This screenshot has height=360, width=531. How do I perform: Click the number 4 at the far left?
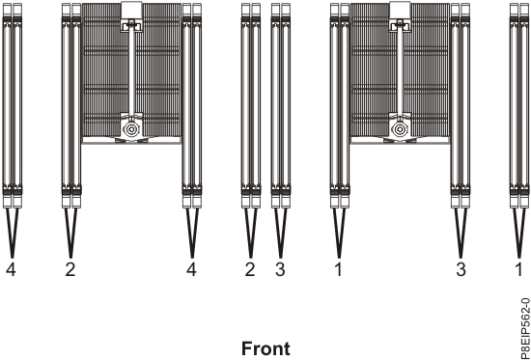pyautogui.click(x=12, y=270)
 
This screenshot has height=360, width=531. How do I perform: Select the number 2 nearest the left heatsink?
pyautogui.click(x=70, y=270)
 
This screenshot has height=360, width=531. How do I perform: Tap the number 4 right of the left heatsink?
pyautogui.click(x=191, y=270)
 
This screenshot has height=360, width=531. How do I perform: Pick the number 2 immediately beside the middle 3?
pyautogui.click(x=250, y=270)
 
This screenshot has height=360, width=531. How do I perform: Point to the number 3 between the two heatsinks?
pyautogui.click(x=280, y=270)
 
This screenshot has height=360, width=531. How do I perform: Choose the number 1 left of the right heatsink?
pyautogui.click(x=338, y=270)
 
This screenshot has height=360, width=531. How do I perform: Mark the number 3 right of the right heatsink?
pyautogui.click(x=460, y=270)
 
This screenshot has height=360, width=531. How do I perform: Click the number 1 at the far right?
pyautogui.click(x=517, y=270)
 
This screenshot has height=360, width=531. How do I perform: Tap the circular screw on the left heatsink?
pyautogui.click(x=130, y=127)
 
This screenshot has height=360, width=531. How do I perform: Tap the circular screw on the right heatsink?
pyautogui.click(x=398, y=127)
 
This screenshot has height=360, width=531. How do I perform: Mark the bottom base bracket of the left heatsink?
pyautogui.click(x=130, y=141)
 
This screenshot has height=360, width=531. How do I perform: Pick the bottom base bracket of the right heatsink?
pyautogui.click(x=398, y=141)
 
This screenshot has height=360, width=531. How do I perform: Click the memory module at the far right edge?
pyautogui.click(x=517, y=97)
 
